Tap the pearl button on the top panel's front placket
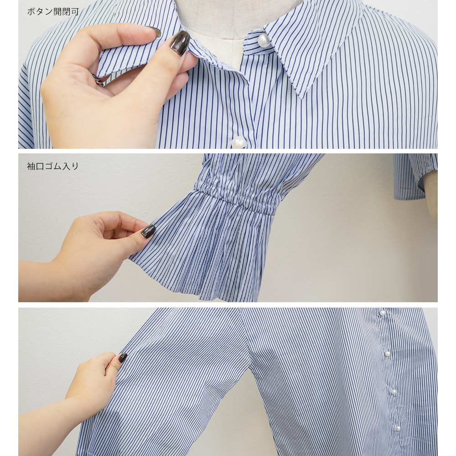click(x=239, y=142)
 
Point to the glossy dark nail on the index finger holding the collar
click(x=180, y=42)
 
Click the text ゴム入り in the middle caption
click(x=62, y=166)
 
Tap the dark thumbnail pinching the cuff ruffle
click(x=148, y=232)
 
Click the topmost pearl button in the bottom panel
click(x=383, y=313)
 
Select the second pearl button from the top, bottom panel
click(x=387, y=354)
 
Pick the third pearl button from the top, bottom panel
click(x=393, y=392)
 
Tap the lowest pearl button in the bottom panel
click(x=398, y=428)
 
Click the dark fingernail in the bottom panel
click(x=123, y=358)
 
